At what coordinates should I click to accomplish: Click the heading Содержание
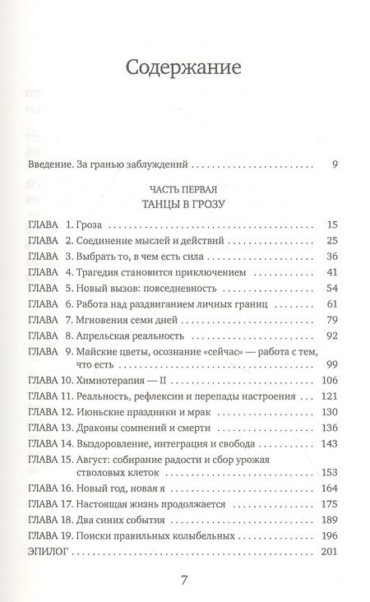coord(184,67)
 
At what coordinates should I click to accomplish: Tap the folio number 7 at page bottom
coord(184,581)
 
